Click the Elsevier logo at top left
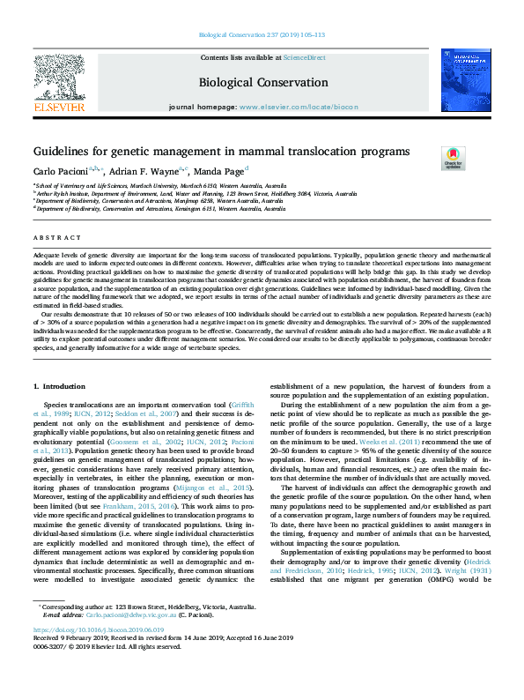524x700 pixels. pyautogui.click(x=58, y=83)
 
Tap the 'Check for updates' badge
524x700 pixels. pyautogui.click(x=453, y=159)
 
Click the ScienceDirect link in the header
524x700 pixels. pyautogui.click(x=304, y=57)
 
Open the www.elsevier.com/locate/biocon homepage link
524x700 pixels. pyautogui.click(x=298, y=107)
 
